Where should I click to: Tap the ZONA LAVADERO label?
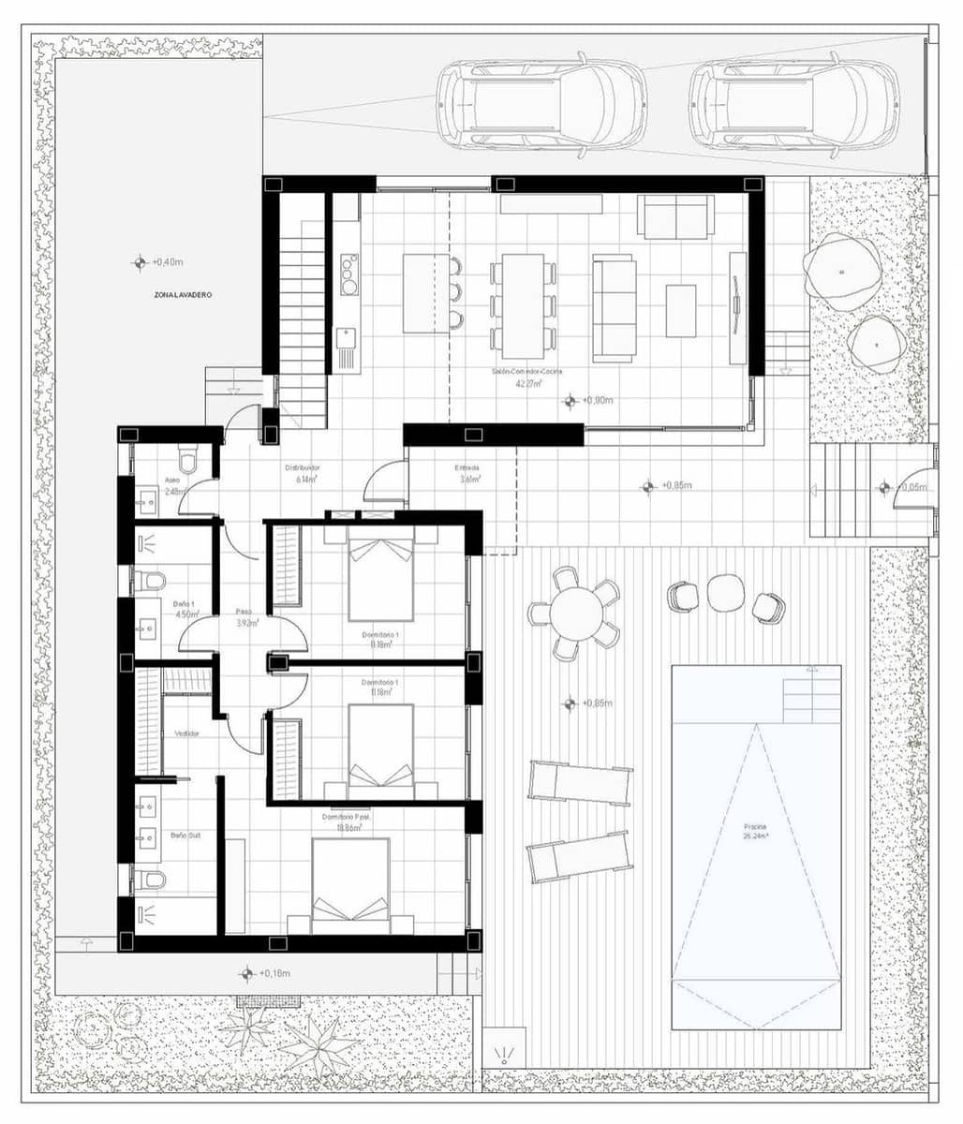[184, 294]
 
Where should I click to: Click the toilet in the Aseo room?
[189, 462]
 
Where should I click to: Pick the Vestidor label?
[186, 733]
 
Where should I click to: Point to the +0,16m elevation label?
[273, 974]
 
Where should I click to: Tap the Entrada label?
[467, 468]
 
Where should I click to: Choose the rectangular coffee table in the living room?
[681, 310]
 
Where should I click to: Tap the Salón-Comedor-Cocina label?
[527, 372]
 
